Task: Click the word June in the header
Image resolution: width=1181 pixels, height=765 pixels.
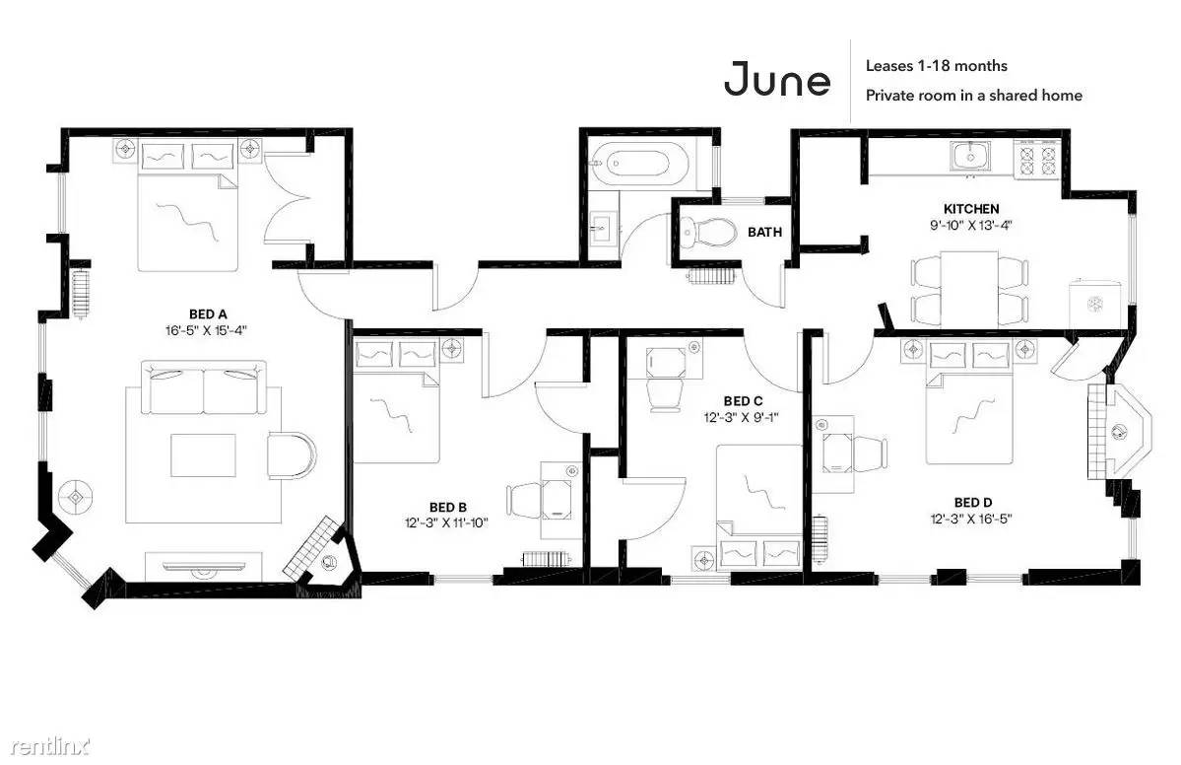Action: tap(777, 79)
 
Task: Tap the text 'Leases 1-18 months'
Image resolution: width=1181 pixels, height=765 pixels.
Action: tap(936, 66)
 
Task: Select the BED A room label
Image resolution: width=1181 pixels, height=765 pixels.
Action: tap(208, 314)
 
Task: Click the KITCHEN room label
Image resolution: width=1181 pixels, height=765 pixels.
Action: tap(971, 209)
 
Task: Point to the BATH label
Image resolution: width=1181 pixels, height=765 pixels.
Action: tap(764, 232)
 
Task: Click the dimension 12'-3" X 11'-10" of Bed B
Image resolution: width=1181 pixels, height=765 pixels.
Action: tap(446, 522)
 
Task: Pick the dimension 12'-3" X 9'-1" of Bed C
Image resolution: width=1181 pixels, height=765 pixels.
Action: tap(742, 417)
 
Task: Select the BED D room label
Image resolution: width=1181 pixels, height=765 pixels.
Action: tap(972, 503)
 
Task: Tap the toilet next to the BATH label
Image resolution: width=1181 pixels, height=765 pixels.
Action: tap(706, 232)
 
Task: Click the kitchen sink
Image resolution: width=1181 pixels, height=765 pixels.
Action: tap(970, 157)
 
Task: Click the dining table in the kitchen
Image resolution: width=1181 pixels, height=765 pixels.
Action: tap(969, 289)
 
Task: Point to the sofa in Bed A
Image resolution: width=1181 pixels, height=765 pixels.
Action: tap(204, 387)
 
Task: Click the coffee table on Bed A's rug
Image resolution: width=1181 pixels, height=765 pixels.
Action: tap(203, 455)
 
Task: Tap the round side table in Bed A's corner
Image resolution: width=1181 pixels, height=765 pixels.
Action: tap(76, 498)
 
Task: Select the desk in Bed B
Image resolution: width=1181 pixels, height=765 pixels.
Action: tap(558, 500)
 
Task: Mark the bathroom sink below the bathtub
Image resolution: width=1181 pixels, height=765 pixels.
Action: tap(603, 226)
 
